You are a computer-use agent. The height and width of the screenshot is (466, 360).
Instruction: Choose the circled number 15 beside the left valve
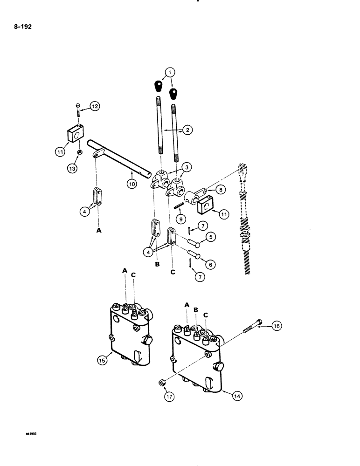(103, 359)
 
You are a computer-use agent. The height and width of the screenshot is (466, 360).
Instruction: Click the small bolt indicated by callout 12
(77, 110)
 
